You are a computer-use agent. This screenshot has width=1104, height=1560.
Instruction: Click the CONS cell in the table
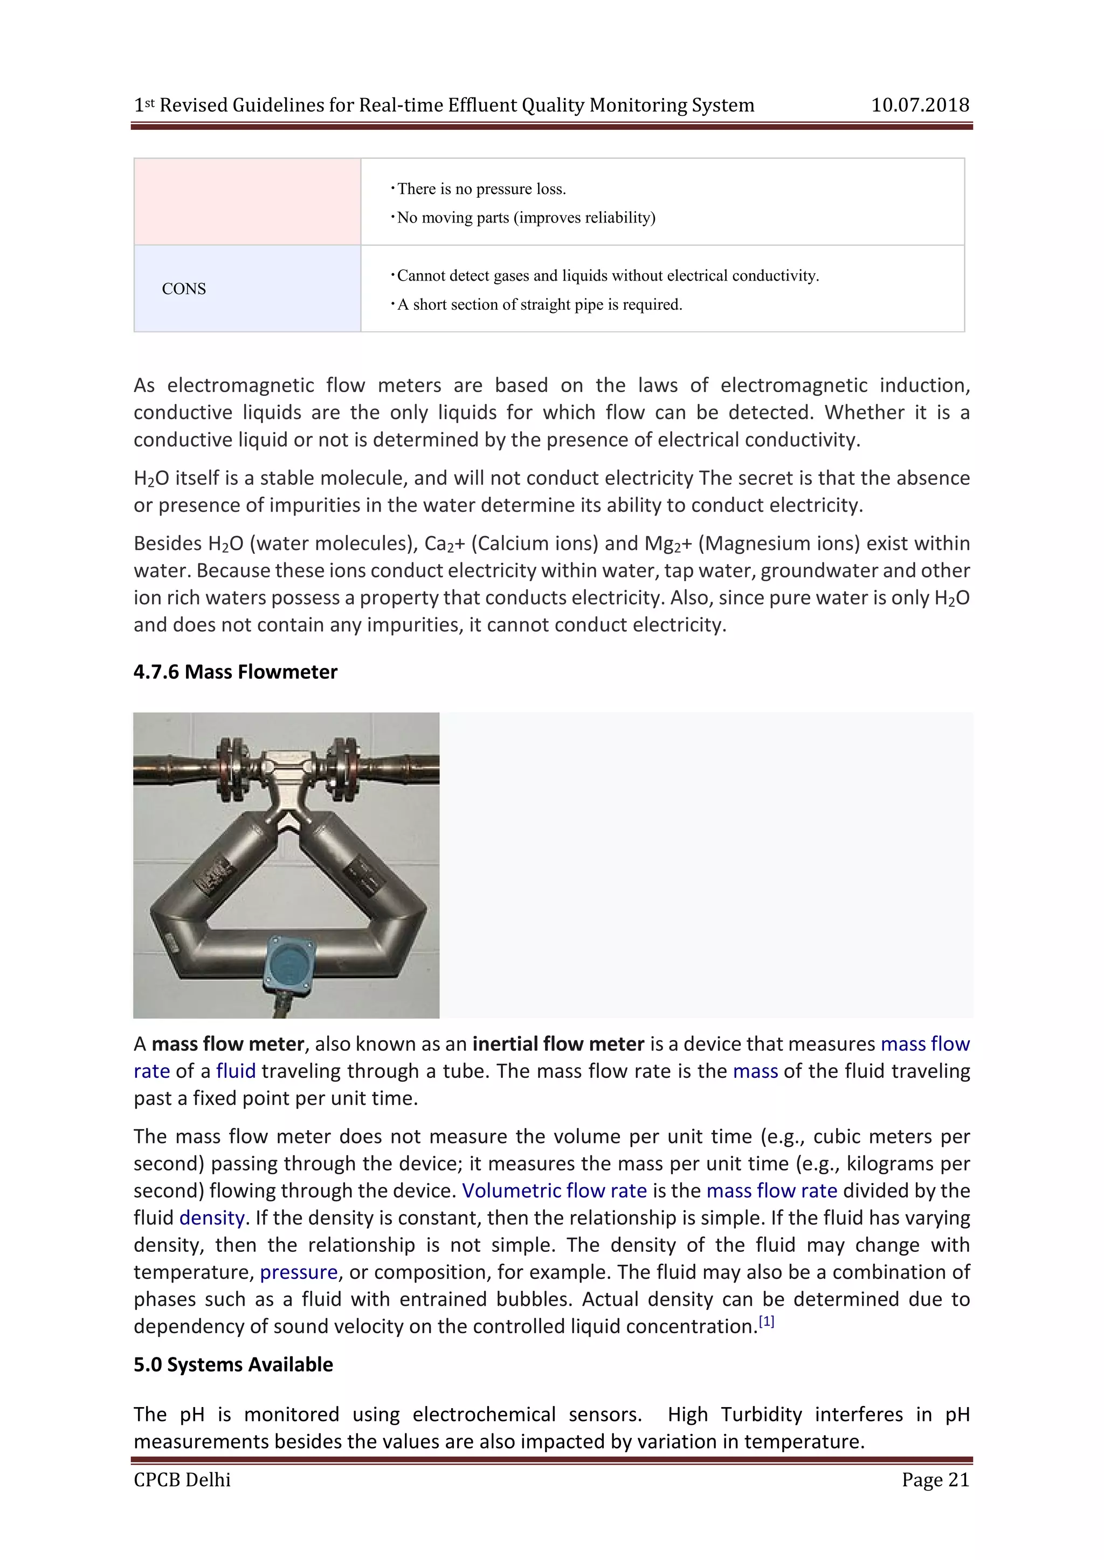183,289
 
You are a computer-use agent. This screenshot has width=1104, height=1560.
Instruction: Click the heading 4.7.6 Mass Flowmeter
235,672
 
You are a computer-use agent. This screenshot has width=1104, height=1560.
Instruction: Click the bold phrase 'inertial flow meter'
558,1044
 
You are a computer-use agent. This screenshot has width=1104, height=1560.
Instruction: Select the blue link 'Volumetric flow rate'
554,1191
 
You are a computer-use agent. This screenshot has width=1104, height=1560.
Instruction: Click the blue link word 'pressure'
299,1272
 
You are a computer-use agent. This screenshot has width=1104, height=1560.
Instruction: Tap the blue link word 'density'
211,1218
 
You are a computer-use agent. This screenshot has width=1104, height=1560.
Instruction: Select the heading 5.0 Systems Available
233,1365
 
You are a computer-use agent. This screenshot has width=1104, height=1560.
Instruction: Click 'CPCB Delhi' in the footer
182,1480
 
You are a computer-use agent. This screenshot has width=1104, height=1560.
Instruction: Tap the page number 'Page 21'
935,1480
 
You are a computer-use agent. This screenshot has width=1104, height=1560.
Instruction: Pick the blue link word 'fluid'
236,1071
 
